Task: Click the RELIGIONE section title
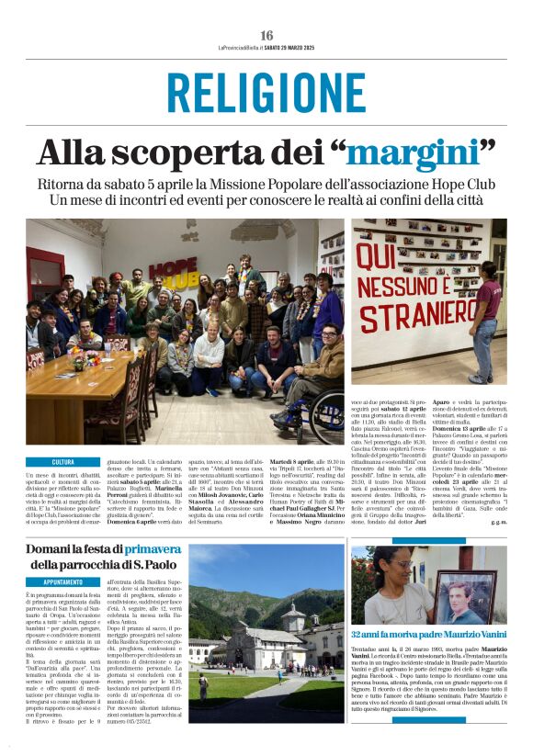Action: pyautogui.click(x=266, y=93)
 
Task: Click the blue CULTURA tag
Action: pyautogui.click(x=63, y=463)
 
